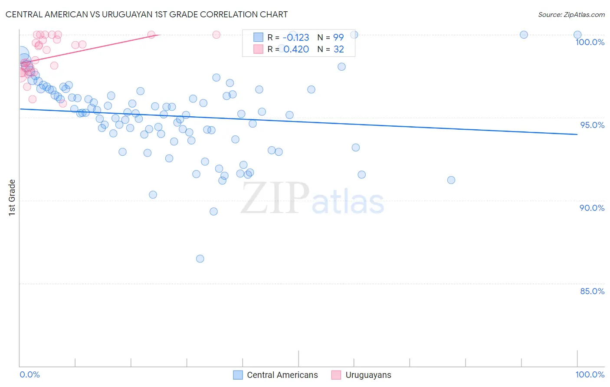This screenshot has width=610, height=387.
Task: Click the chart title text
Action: (x=147, y=14)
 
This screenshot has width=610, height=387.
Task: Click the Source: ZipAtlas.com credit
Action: (x=571, y=14)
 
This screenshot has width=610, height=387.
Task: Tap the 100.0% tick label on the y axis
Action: (x=590, y=42)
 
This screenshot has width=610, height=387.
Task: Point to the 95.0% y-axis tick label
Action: (x=592, y=125)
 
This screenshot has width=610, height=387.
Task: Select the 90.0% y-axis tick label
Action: (x=592, y=208)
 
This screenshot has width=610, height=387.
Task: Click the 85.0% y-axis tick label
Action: (x=592, y=291)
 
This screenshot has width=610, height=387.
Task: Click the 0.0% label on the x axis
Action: (x=30, y=374)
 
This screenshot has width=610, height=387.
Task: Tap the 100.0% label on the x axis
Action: (x=590, y=374)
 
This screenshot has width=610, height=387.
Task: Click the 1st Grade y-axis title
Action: (x=12, y=197)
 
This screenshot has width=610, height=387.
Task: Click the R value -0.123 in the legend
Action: (x=296, y=37)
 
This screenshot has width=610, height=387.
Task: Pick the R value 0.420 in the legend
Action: (x=296, y=49)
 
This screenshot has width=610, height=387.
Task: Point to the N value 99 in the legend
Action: (x=338, y=37)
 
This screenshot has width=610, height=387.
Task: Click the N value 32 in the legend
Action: (x=338, y=49)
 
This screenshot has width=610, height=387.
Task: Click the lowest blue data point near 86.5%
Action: (x=200, y=259)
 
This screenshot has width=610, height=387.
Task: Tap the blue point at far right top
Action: (x=577, y=35)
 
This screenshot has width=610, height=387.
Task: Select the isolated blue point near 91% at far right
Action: (x=451, y=180)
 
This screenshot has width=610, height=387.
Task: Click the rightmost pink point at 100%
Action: (x=216, y=35)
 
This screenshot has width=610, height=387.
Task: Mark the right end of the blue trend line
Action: (x=577, y=134)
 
